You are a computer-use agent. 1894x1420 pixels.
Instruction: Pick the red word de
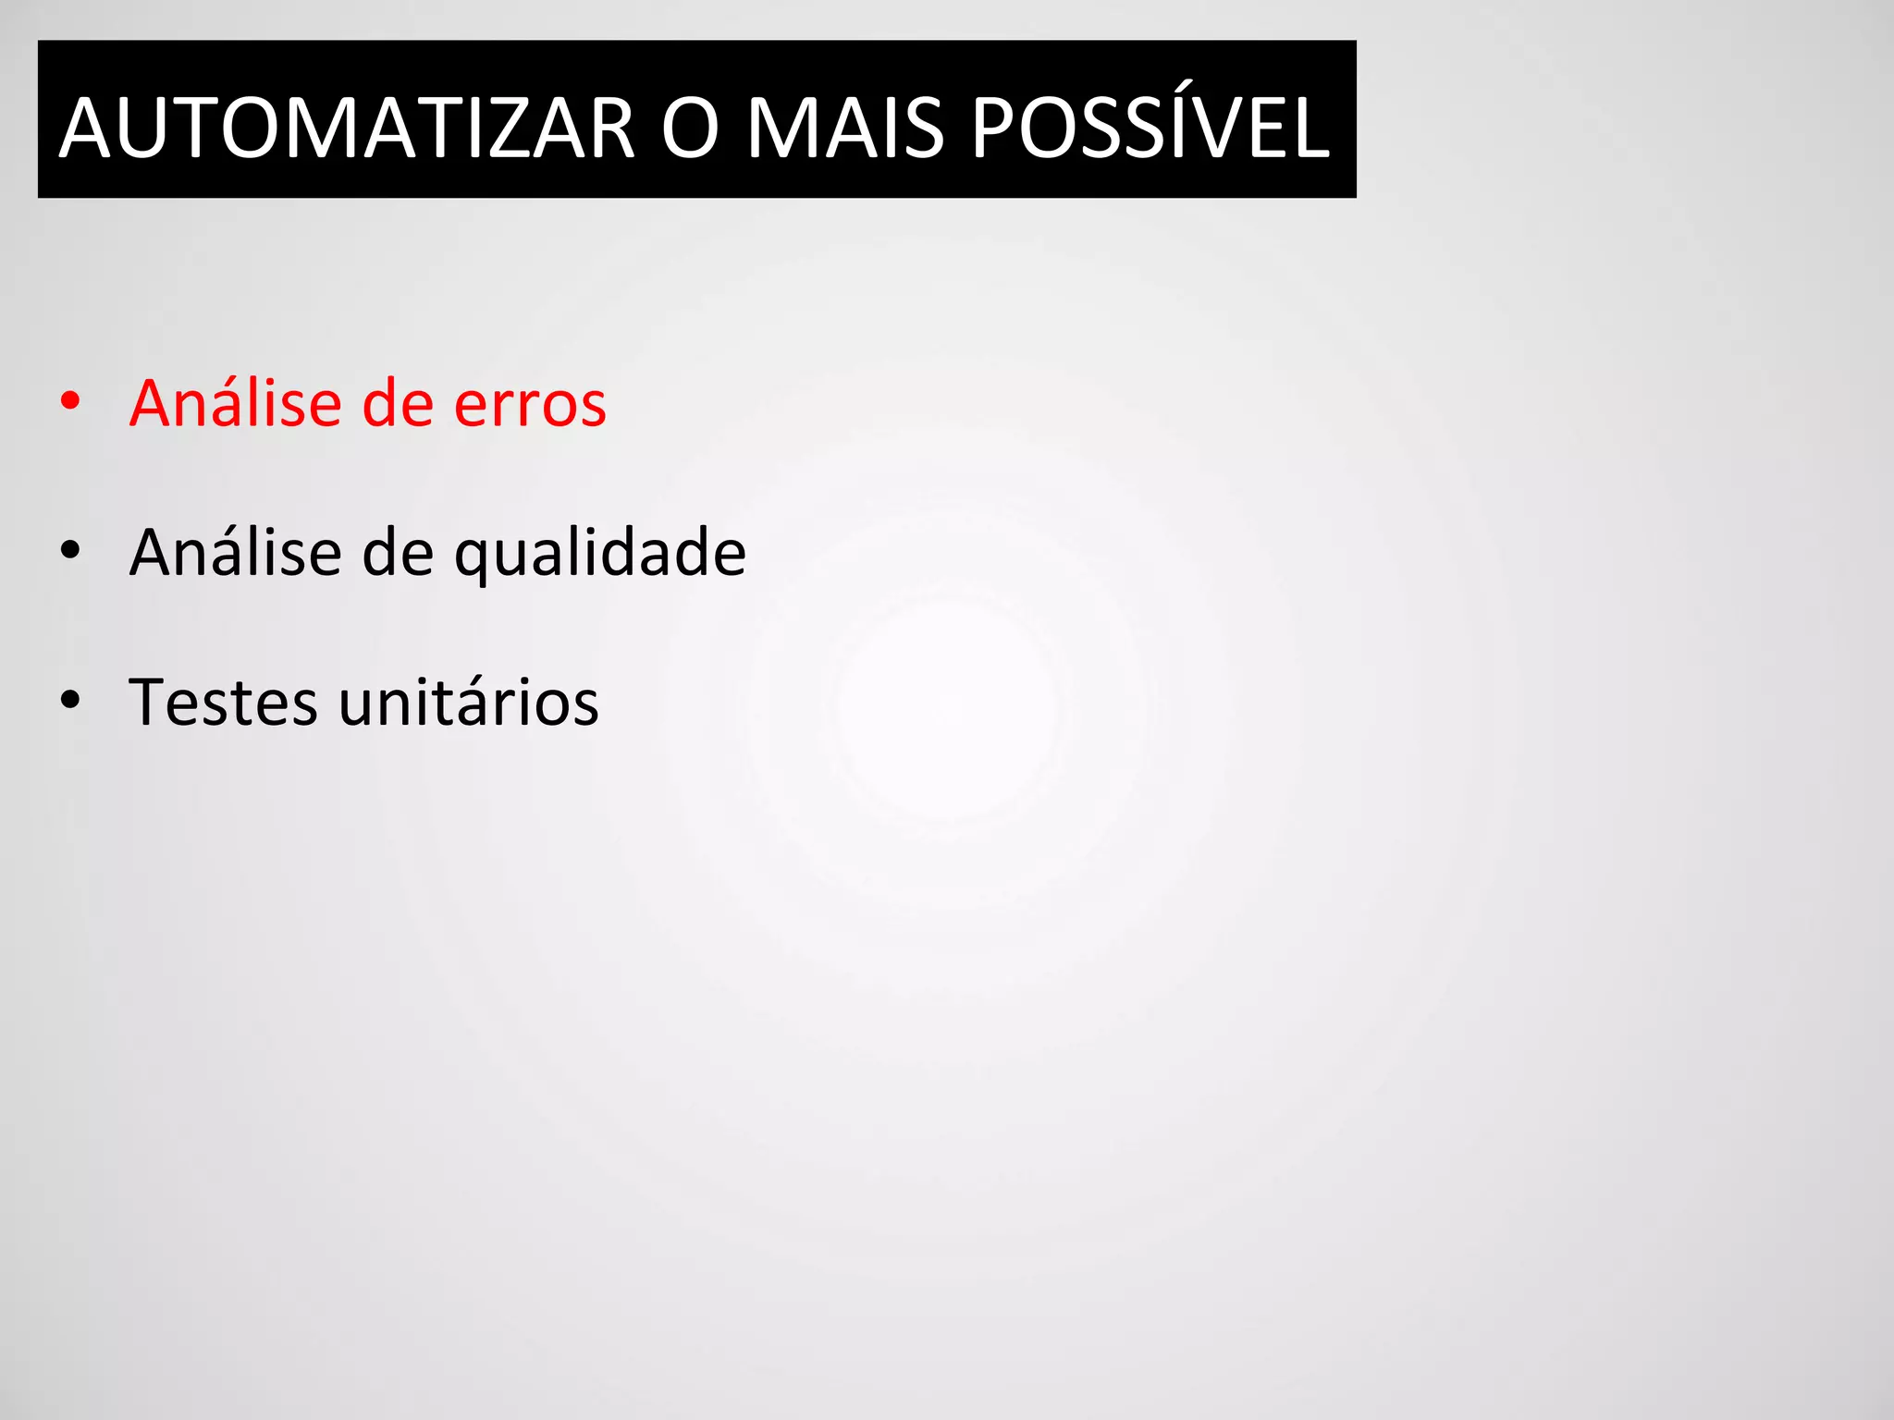point(398,404)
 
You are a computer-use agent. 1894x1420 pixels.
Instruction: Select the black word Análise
point(236,552)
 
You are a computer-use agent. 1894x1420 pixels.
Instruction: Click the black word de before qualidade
point(398,554)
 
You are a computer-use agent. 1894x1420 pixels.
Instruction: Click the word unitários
point(469,702)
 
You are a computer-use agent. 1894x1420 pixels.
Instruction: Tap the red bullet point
point(70,401)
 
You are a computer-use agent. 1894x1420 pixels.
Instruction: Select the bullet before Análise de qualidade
point(70,551)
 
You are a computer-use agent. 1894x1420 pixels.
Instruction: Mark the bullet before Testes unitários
point(70,701)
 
